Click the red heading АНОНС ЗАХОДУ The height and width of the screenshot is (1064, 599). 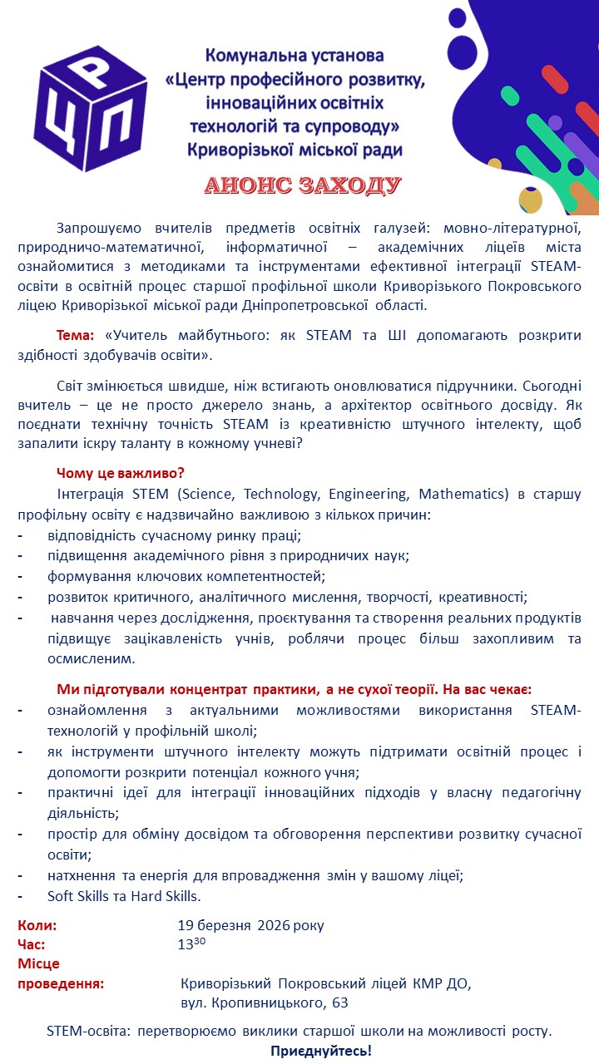click(304, 185)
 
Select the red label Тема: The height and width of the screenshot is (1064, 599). click(76, 336)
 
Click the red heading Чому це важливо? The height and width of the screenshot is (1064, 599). click(121, 473)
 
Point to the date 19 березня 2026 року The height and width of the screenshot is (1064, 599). click(250, 925)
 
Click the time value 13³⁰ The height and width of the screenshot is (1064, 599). click(191, 944)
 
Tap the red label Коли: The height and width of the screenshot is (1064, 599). click(37, 925)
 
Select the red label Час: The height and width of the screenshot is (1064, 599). click(32, 944)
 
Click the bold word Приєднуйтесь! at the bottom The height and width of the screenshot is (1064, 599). click(321, 1051)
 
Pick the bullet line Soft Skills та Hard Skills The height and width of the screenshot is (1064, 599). click(125, 896)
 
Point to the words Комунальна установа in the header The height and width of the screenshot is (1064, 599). click(295, 56)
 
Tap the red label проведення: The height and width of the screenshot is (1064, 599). click(61, 984)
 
